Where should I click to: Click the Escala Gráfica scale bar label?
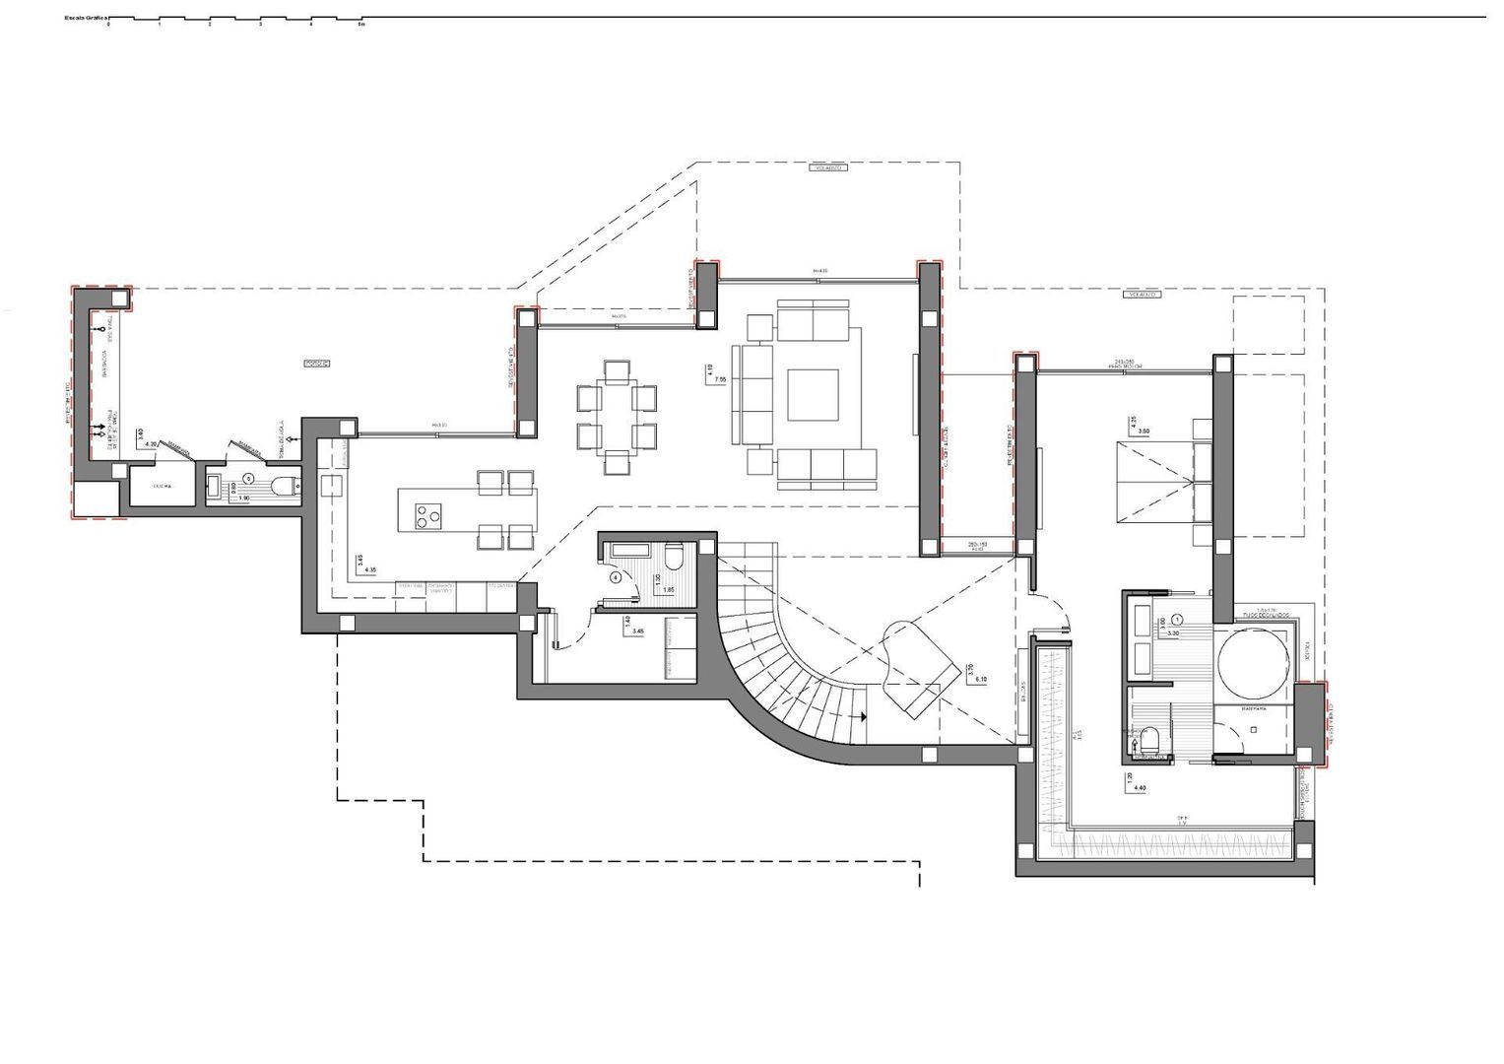pyautogui.click(x=86, y=18)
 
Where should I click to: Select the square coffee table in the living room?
pyautogui.click(x=812, y=395)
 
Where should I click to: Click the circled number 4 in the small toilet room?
pyautogui.click(x=617, y=577)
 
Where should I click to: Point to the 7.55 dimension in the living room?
pyautogui.click(x=721, y=379)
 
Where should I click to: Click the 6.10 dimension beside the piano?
pyautogui.click(x=980, y=679)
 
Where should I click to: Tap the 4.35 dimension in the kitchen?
pyautogui.click(x=370, y=569)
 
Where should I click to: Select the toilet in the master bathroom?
pyautogui.click(x=1150, y=739)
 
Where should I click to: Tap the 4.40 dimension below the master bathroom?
pyautogui.click(x=1141, y=788)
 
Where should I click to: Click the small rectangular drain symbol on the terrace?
pyautogui.click(x=317, y=364)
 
